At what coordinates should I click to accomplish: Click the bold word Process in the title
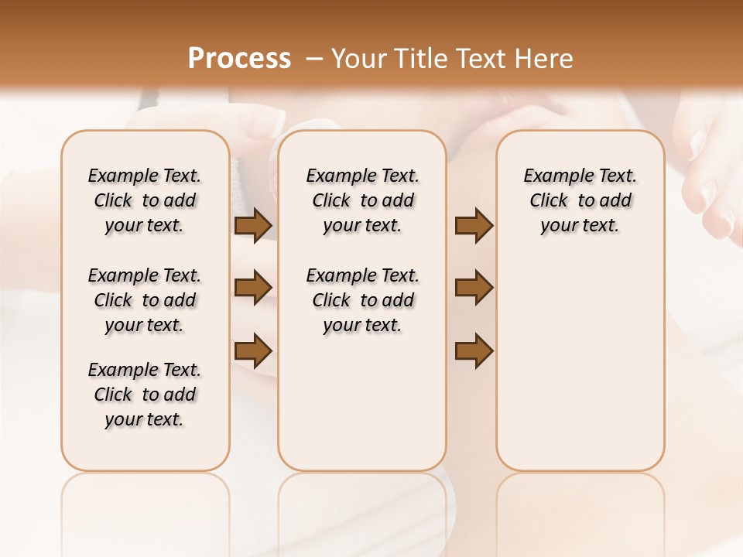pyautogui.click(x=239, y=59)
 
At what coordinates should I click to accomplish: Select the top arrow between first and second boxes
pyautogui.click(x=253, y=226)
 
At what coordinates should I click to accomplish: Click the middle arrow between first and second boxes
pyautogui.click(x=253, y=288)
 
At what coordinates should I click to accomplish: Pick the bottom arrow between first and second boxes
pyautogui.click(x=253, y=350)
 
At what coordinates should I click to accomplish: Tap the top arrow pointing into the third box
pyautogui.click(x=474, y=226)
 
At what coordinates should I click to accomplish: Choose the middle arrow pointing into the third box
pyautogui.click(x=474, y=288)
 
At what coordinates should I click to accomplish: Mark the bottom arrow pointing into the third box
pyautogui.click(x=474, y=350)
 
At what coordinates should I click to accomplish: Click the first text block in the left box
pyautogui.click(x=145, y=200)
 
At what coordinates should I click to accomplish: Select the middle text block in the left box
pyautogui.click(x=145, y=300)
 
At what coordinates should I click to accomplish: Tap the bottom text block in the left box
pyautogui.click(x=145, y=395)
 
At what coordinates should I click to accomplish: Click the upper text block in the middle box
pyautogui.click(x=362, y=200)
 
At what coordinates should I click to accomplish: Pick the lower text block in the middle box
pyautogui.click(x=362, y=300)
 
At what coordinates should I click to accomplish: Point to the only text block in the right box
pyautogui.click(x=580, y=200)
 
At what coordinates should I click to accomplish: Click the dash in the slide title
pyautogui.click(x=315, y=59)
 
